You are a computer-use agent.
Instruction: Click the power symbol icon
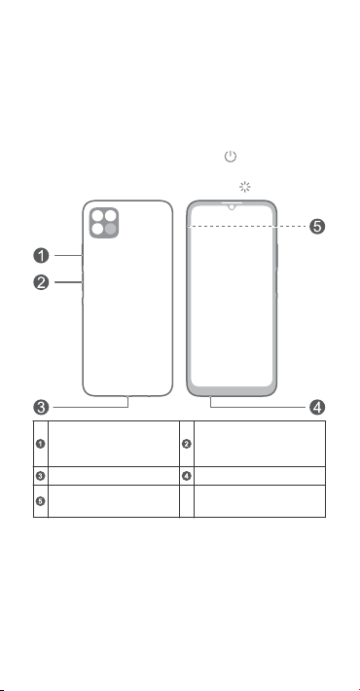(x=231, y=156)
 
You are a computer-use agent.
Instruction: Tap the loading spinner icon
(x=245, y=187)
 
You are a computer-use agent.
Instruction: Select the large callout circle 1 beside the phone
(x=41, y=255)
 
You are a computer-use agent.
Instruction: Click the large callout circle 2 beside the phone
(x=41, y=282)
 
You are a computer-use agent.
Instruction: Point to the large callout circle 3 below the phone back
(x=41, y=407)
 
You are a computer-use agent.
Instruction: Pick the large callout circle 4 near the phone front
(x=317, y=407)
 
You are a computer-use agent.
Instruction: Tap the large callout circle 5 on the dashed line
(x=317, y=227)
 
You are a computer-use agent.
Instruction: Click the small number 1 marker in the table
(x=40, y=444)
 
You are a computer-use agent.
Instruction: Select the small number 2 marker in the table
(x=187, y=444)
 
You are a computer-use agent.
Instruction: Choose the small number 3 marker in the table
(x=40, y=476)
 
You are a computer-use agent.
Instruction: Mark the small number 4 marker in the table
(x=187, y=476)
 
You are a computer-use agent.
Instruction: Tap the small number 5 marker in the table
(x=40, y=501)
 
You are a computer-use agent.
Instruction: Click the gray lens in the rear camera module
(x=111, y=229)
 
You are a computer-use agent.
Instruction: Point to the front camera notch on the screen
(x=231, y=206)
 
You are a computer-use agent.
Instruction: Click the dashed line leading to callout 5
(x=247, y=227)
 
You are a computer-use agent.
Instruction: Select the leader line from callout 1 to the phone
(x=68, y=255)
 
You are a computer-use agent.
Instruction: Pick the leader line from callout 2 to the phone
(x=68, y=282)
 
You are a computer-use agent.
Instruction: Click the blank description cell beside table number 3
(x=114, y=476)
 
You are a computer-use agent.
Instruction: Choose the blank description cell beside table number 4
(x=260, y=476)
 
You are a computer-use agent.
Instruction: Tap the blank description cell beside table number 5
(x=114, y=501)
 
